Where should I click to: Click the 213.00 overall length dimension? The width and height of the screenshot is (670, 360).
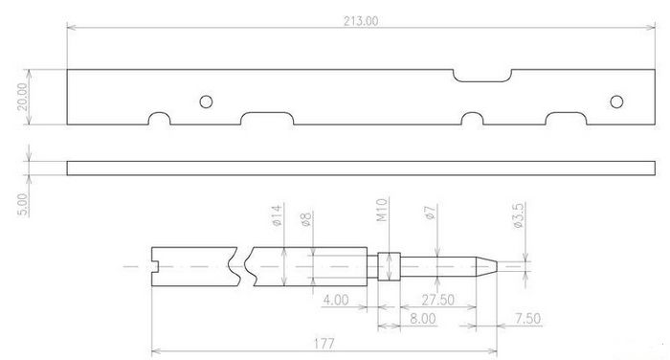click(x=361, y=21)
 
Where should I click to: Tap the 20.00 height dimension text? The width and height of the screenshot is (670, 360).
click(x=22, y=97)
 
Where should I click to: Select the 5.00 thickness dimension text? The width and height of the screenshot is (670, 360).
click(x=23, y=205)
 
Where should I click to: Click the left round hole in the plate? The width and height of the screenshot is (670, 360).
click(x=206, y=101)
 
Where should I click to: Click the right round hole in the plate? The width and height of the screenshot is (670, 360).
click(x=616, y=101)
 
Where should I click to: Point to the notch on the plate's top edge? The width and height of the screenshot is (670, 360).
click(x=482, y=80)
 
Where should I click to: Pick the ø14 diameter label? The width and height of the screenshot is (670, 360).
click(x=277, y=215)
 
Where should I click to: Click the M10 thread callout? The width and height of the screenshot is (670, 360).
click(x=382, y=210)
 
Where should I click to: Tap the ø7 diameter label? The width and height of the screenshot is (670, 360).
click(x=431, y=213)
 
